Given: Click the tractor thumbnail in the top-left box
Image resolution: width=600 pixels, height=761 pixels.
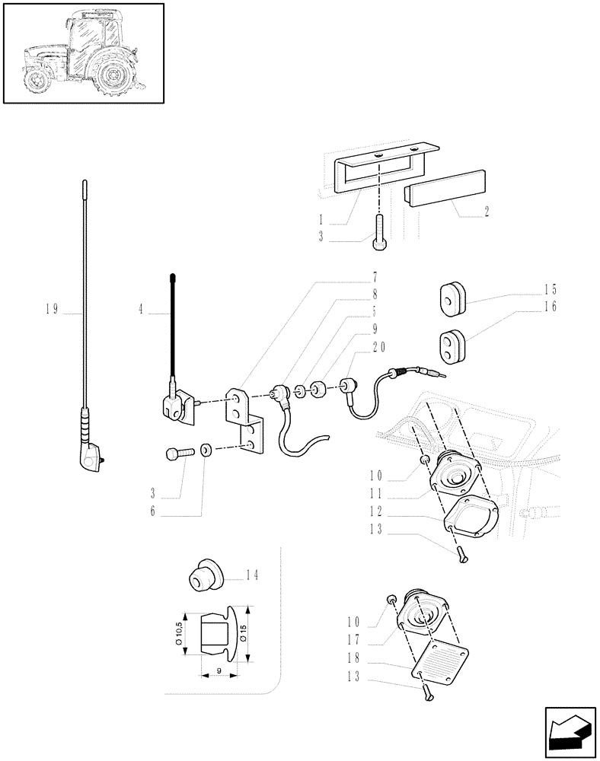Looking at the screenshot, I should point(84,53).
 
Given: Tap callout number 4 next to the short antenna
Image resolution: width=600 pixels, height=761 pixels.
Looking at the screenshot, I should point(141,310).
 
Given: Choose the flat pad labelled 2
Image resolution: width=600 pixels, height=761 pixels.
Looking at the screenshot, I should point(445,189).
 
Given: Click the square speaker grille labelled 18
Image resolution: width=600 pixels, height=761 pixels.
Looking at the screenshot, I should point(439,659).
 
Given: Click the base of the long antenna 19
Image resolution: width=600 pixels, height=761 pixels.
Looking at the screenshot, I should point(92,454).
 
